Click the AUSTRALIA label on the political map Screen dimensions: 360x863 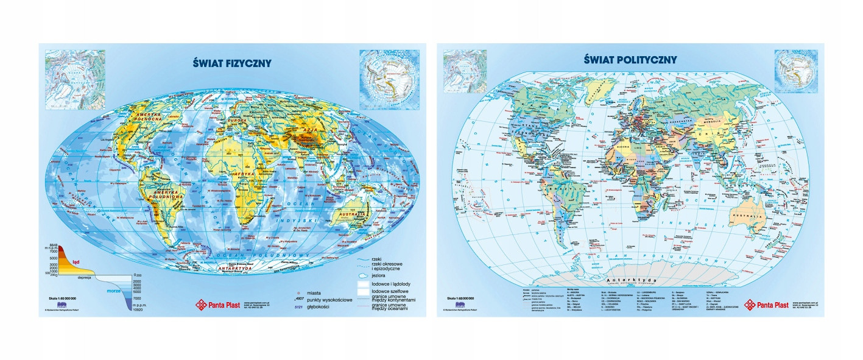[744, 216]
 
